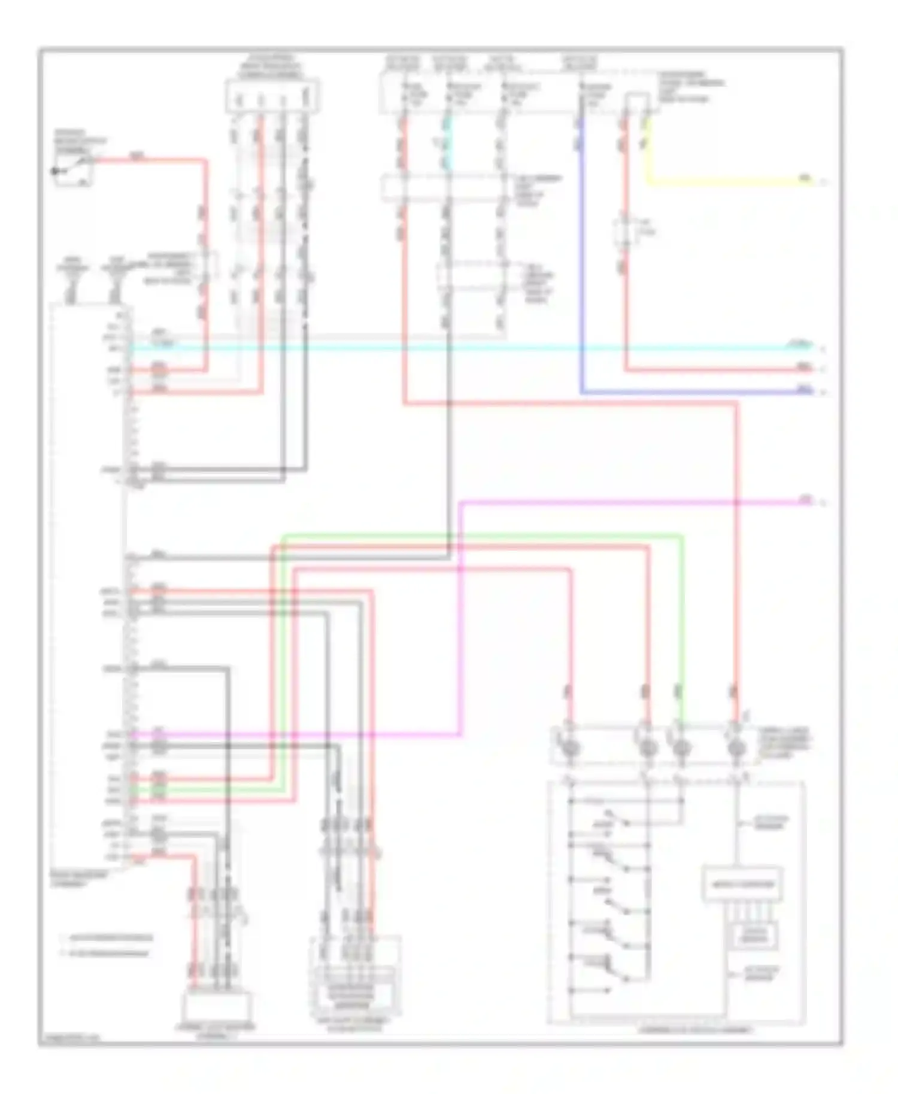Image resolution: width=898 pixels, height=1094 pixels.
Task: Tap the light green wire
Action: click(x=479, y=534)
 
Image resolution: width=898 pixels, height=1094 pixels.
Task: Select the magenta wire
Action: click(x=629, y=502)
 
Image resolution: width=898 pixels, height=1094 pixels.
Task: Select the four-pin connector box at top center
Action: click(x=272, y=96)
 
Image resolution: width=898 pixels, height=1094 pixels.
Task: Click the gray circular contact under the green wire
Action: click(x=681, y=748)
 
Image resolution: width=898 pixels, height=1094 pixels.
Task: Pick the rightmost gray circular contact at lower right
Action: click(x=736, y=748)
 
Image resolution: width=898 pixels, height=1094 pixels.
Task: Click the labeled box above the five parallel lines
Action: click(x=742, y=884)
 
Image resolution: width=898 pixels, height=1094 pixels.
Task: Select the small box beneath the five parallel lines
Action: click(x=755, y=935)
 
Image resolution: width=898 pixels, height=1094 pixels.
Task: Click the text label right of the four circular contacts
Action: click(x=784, y=743)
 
